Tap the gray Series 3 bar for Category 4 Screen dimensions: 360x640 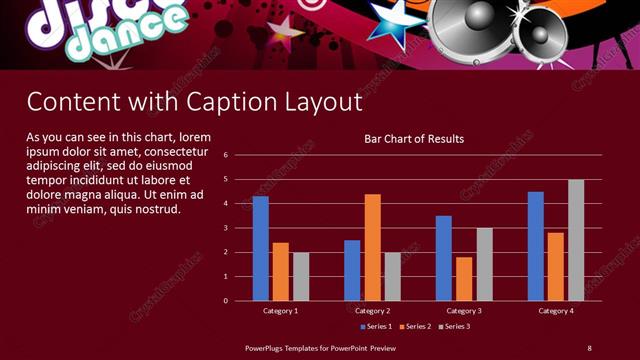[x=576, y=240]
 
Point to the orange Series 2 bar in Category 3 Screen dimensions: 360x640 [x=464, y=279]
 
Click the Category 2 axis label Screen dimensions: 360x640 [x=372, y=311]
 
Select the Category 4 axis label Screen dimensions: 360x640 [x=556, y=311]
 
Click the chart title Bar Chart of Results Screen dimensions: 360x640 [x=414, y=139]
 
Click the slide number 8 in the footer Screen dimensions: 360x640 [x=589, y=347]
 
